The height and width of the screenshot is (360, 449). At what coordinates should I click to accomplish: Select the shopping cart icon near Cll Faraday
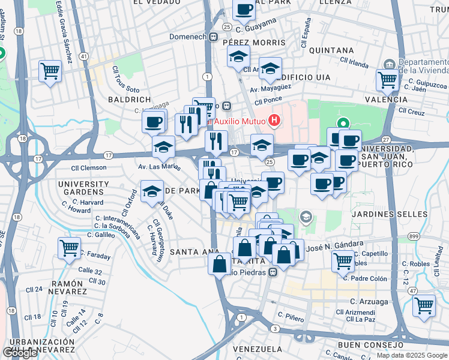70,247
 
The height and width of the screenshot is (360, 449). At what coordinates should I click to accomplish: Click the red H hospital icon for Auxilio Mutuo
274,121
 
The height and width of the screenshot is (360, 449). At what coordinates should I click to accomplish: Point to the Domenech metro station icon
213,37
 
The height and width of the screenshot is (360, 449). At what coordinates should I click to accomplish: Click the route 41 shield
84,56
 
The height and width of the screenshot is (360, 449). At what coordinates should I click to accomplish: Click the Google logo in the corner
20,353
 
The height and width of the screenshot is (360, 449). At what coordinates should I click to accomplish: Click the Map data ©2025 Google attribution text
411,355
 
